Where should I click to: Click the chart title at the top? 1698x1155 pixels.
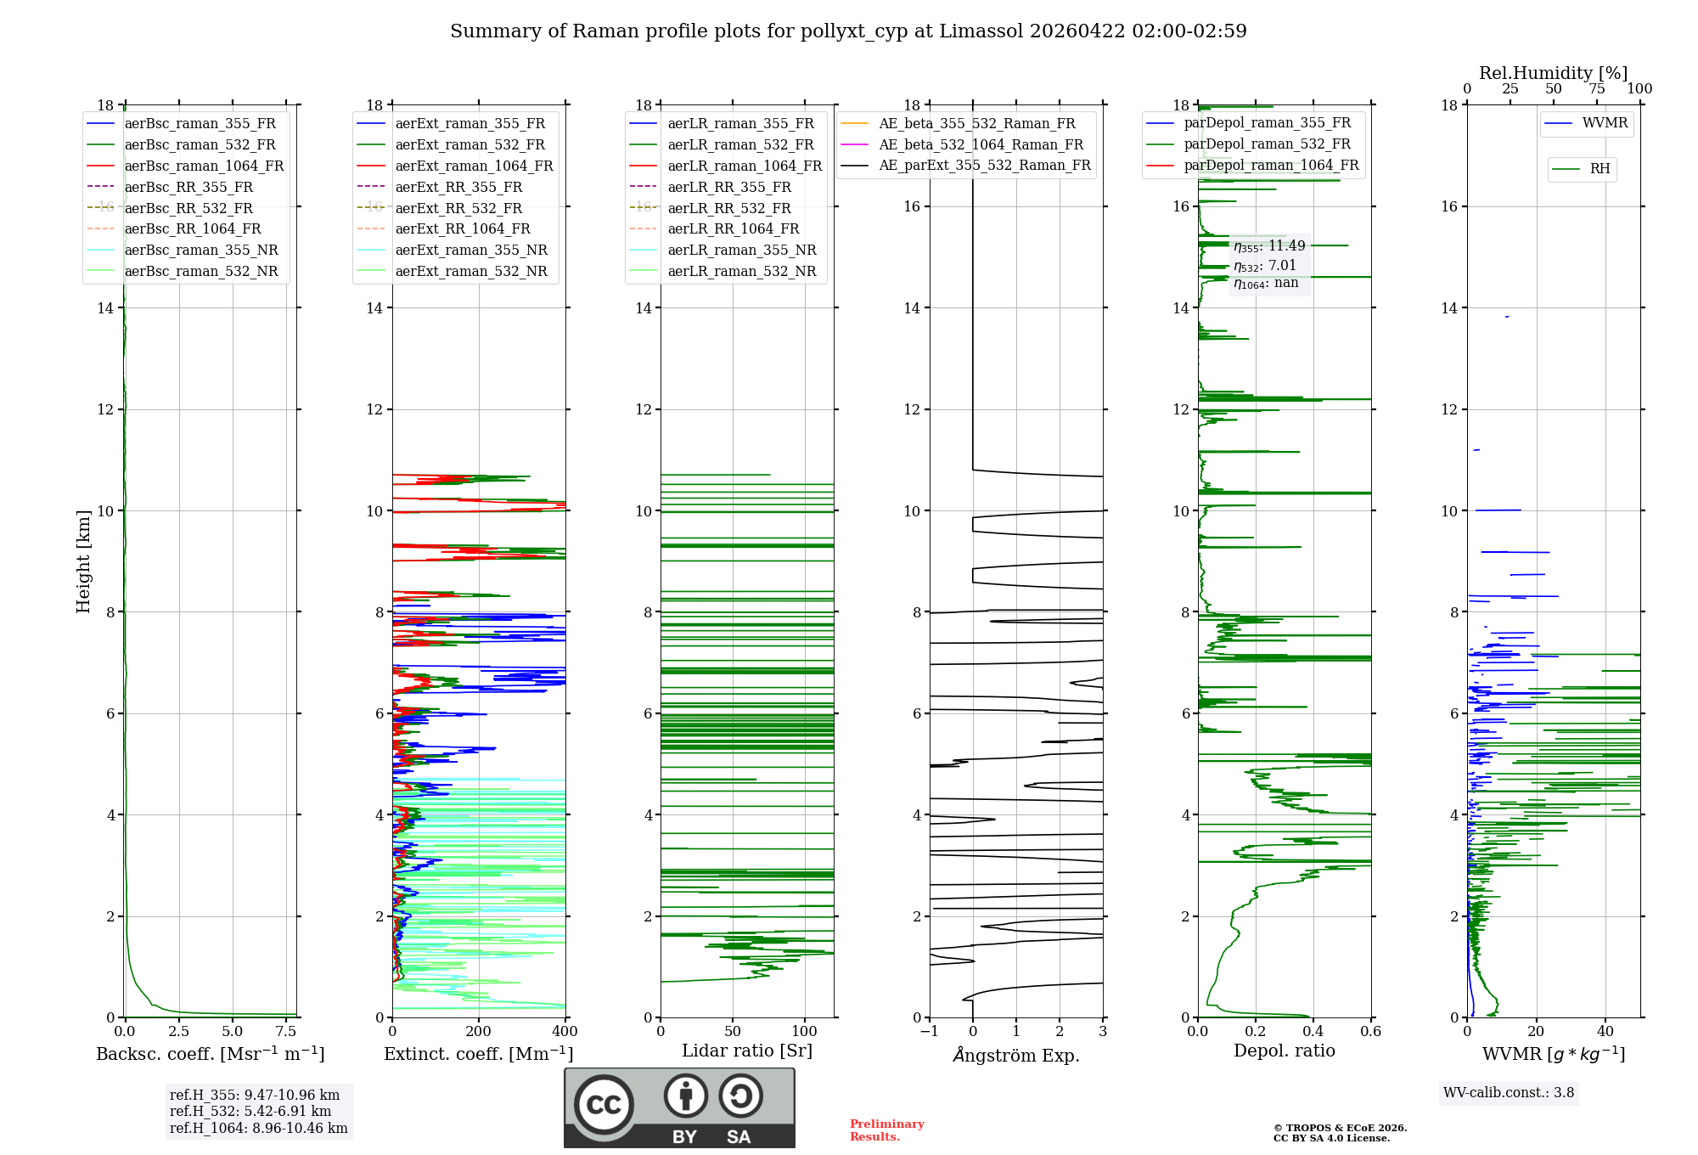(x=848, y=31)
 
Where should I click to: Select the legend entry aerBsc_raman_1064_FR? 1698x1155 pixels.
(x=204, y=166)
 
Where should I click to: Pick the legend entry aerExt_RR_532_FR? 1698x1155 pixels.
(x=458, y=208)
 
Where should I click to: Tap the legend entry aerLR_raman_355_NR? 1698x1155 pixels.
(x=741, y=250)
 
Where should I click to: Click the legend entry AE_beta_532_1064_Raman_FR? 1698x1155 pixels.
(x=981, y=144)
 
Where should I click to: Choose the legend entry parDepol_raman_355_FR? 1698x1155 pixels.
(x=1267, y=123)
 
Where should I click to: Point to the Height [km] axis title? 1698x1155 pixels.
(x=83, y=561)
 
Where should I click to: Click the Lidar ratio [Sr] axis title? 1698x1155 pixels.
(x=747, y=1051)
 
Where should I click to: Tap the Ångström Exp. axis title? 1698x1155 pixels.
(x=1016, y=1055)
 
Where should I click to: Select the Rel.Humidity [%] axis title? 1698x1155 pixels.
(x=1553, y=73)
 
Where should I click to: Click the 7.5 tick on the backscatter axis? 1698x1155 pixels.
(x=286, y=1032)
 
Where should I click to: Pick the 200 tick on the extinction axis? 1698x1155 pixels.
(x=479, y=1032)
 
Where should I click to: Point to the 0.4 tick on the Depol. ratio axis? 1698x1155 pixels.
(x=1313, y=1032)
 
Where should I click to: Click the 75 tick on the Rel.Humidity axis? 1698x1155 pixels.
(x=1597, y=89)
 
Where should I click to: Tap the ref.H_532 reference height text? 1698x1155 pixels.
(x=250, y=1111)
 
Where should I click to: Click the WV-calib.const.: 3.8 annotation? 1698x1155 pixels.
(x=1509, y=1093)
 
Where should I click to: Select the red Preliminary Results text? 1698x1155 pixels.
(x=886, y=1130)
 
